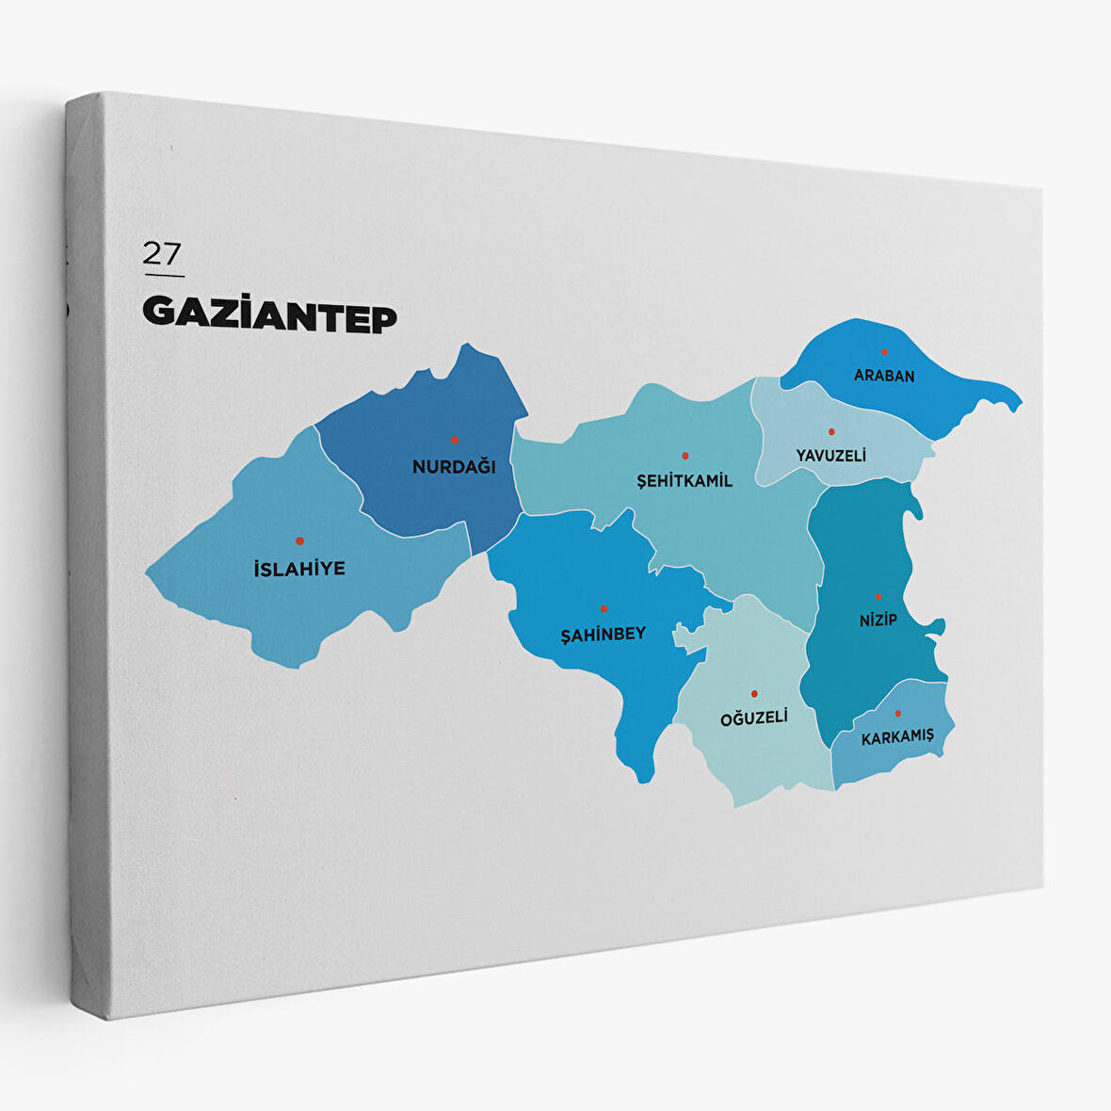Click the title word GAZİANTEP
point(269,315)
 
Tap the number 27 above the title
point(162,253)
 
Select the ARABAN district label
point(884,376)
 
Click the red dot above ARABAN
point(884,352)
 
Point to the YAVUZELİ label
point(830,456)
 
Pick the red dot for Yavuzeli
point(831,432)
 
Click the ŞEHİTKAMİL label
point(684,481)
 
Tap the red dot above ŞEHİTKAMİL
point(684,456)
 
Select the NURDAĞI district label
point(454,466)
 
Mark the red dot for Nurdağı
point(454,440)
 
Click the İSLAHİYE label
point(299,569)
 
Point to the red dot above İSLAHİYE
point(299,541)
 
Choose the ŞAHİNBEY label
point(604,634)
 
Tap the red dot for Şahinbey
point(604,609)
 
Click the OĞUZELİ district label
point(754,718)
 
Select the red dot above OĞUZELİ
point(754,694)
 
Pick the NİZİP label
point(878,620)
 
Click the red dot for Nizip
point(878,596)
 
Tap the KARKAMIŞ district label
point(897,737)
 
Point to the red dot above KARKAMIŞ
point(897,714)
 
